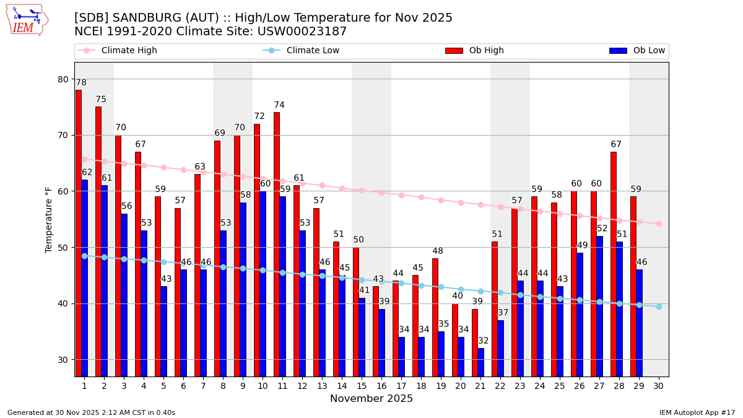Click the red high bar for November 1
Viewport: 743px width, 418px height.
coord(79,233)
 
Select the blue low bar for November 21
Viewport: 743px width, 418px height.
coord(481,362)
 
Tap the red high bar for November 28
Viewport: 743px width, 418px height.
coord(614,264)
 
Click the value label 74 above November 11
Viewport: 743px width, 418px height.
coord(279,105)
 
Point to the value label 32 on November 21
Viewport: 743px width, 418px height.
coord(483,341)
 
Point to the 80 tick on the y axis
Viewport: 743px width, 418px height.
coord(64,79)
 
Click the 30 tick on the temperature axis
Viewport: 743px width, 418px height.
coord(64,360)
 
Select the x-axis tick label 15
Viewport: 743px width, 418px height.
coord(362,386)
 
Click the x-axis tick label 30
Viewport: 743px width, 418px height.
coord(659,386)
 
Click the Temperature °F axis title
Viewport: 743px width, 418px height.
coord(49,219)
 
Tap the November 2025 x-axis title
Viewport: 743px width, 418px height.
coord(371,399)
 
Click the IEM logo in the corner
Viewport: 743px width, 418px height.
coord(27,20)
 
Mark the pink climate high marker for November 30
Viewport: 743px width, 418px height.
coord(659,224)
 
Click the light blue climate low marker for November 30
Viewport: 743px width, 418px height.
coord(659,307)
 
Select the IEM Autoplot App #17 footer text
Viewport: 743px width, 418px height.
coord(697,412)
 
